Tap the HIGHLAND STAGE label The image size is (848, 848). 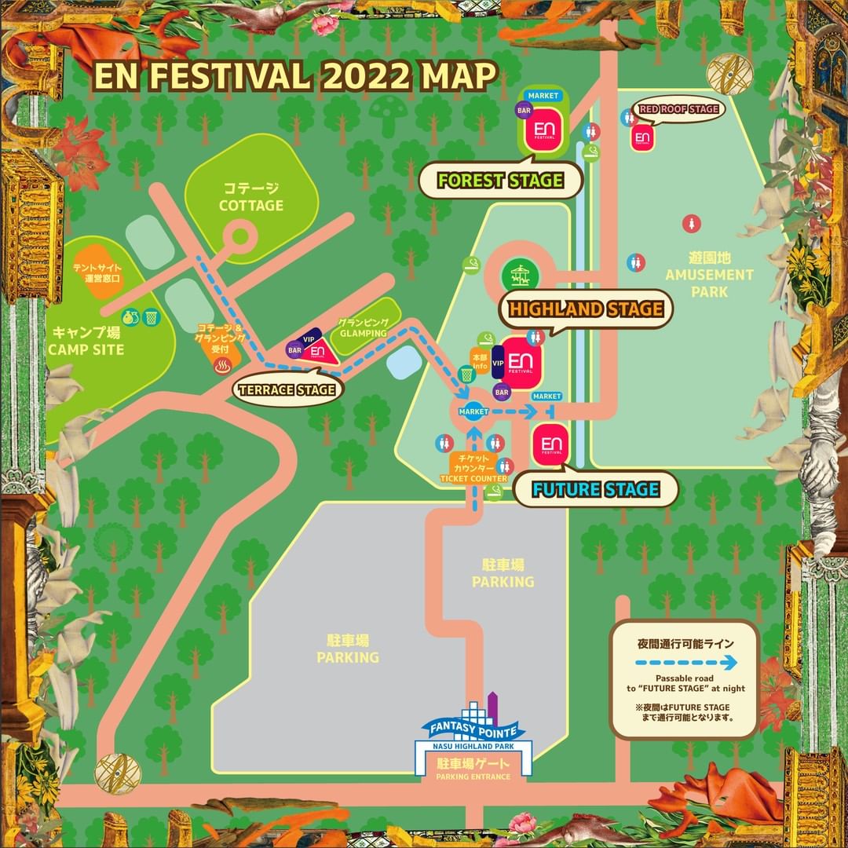point(586,309)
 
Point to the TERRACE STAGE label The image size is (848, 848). point(288,389)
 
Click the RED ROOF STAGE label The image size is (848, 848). point(678,109)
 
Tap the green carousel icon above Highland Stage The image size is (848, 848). point(519,275)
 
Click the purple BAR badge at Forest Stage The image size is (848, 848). point(524,111)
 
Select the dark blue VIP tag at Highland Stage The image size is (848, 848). point(498,362)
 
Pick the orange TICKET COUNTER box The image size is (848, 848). point(473,468)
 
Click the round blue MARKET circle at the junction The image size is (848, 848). point(473,411)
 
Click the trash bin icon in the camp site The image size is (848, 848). point(152,317)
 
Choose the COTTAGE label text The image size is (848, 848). point(251,198)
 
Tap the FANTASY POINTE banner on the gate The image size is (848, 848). point(470,729)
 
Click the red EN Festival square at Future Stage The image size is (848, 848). point(551,445)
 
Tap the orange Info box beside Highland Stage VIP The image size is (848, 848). point(480,361)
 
